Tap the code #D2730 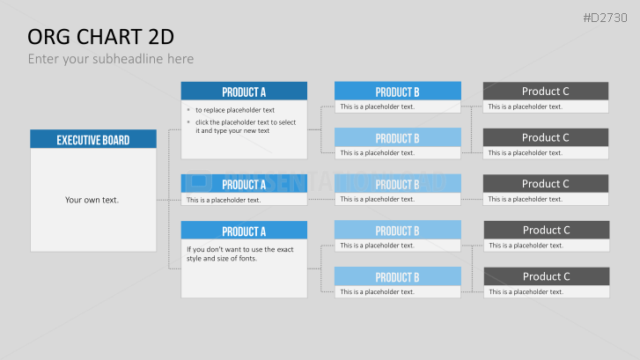point(605,18)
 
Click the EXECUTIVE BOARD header point(93,139)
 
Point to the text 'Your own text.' point(92,200)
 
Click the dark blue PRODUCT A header point(244,91)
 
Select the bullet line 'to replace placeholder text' point(235,110)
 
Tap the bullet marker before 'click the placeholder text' point(188,122)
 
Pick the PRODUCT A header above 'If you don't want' point(244,231)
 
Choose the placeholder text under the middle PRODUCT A point(224,200)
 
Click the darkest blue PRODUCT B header point(398,91)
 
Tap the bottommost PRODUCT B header point(398,276)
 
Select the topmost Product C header point(546,91)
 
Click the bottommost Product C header point(547,276)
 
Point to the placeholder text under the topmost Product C point(525,107)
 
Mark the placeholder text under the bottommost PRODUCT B point(377,292)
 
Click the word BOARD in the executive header point(116,140)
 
